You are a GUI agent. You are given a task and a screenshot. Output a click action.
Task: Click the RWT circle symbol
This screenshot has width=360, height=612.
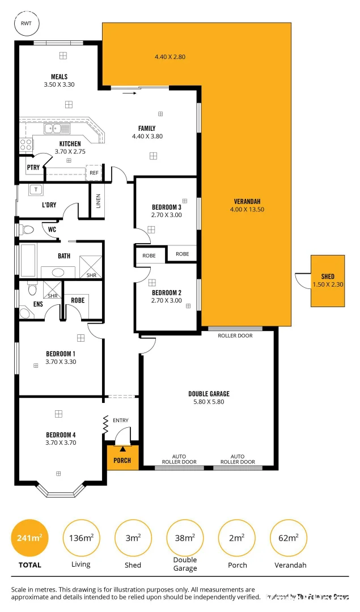26,23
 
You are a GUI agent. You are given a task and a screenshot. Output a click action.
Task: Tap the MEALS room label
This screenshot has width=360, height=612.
59,77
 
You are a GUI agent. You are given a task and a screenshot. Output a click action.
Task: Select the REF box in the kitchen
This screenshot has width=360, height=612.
94,172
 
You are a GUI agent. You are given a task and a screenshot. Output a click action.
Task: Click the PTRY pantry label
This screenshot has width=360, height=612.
33,167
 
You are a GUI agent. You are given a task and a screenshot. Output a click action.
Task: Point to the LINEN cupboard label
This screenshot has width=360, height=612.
98,201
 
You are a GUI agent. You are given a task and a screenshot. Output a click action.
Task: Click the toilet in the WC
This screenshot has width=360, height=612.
26,230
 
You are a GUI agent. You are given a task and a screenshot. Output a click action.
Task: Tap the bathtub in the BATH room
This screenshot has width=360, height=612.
28,260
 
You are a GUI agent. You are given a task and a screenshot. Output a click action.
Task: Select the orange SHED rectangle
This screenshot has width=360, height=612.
327,280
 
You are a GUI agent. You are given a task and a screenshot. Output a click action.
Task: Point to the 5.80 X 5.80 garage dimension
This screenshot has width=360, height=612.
209,402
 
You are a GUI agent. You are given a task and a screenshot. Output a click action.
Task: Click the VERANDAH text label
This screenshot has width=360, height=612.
247,202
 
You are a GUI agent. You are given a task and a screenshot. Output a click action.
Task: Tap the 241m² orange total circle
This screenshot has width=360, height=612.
29,538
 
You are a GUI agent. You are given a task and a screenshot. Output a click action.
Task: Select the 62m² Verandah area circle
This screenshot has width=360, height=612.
289,538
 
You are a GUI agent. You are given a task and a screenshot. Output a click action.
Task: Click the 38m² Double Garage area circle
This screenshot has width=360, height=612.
185,538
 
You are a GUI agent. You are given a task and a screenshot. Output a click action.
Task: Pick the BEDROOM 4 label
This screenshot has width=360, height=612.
61,435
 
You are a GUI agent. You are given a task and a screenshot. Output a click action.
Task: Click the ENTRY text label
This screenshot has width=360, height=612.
121,420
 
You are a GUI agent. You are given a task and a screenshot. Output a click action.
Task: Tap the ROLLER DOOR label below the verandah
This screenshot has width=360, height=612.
235,335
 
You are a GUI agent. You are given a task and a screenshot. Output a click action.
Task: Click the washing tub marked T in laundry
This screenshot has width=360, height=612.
36,189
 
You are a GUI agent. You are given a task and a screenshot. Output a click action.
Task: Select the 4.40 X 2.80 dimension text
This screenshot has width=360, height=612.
170,57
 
